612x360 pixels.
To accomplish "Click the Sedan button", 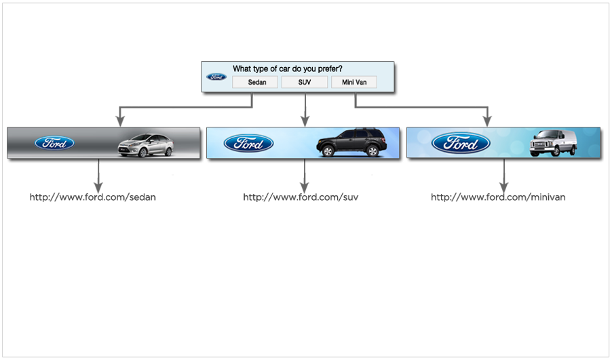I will coord(255,83).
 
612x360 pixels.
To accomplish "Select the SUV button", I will coord(304,83).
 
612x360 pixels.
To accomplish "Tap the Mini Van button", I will coord(354,83).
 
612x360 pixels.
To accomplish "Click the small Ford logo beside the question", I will coord(217,77).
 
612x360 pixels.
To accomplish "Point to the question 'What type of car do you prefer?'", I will coord(288,68).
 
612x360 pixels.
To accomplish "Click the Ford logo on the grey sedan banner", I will coord(54,143).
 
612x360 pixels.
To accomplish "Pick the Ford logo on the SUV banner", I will coord(248,143).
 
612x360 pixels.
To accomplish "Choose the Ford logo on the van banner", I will coord(461,143).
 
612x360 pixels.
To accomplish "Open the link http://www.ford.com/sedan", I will coord(93,197).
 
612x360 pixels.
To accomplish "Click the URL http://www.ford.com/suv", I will coord(301,197).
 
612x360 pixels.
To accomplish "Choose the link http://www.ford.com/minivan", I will coord(498,197).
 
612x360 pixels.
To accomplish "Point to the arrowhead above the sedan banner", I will coord(120,121).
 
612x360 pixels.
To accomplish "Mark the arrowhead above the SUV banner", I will coord(305,121).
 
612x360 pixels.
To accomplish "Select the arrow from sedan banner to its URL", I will coord(98,175).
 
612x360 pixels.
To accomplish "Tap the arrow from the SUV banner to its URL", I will coord(304,175).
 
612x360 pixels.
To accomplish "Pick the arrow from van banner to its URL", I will coord(503,175).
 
